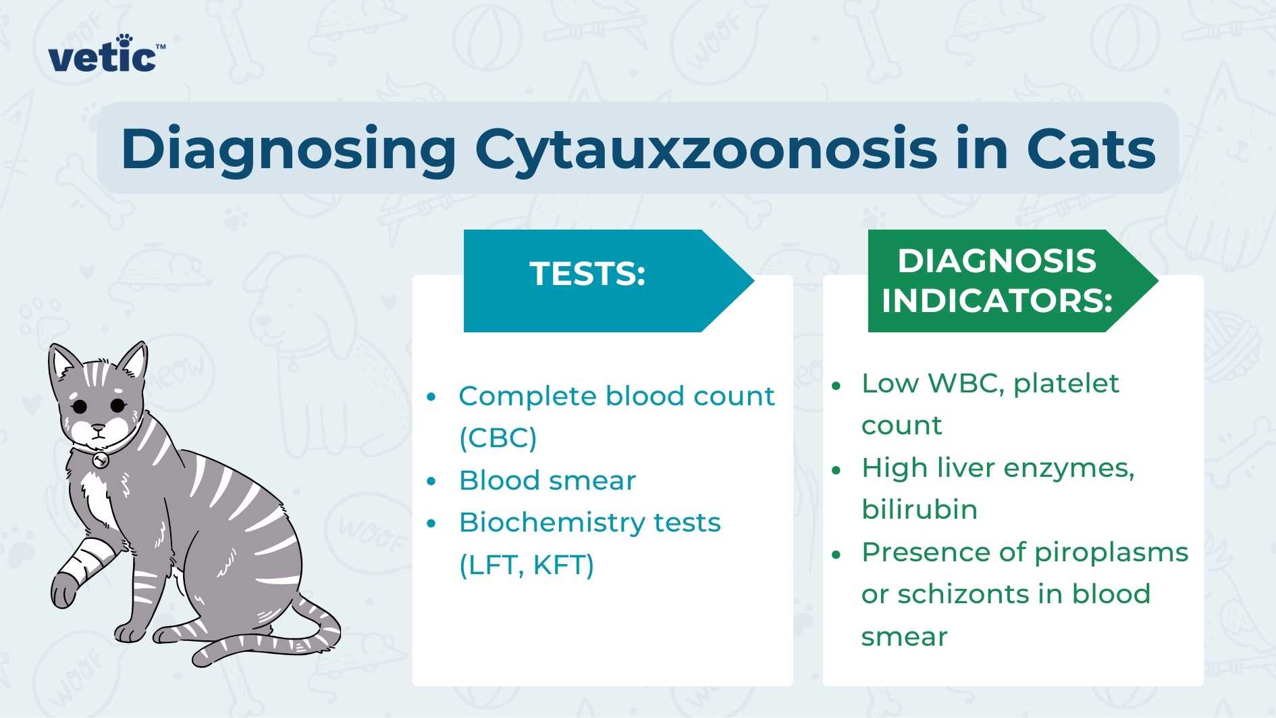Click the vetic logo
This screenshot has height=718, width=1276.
pos(105,54)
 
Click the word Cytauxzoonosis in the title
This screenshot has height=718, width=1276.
pos(706,149)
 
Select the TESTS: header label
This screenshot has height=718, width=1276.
pos(587,274)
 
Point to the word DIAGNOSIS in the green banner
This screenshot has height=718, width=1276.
pos(996,261)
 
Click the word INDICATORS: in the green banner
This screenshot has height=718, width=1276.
pos(996,301)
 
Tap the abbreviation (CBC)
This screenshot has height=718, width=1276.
pos(498,438)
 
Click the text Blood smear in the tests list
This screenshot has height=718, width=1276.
pos(548,481)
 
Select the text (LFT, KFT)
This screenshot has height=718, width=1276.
pos(527,565)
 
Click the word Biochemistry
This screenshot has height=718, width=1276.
pos(544,523)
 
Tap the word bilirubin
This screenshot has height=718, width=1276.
pos(920,509)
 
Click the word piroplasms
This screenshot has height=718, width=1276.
pos(1111,553)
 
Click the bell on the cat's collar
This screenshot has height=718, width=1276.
pos(101,461)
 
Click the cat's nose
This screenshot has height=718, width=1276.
pos(99,428)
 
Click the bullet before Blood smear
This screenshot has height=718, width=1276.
pos(432,482)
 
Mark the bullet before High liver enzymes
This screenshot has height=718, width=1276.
pos(836,469)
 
